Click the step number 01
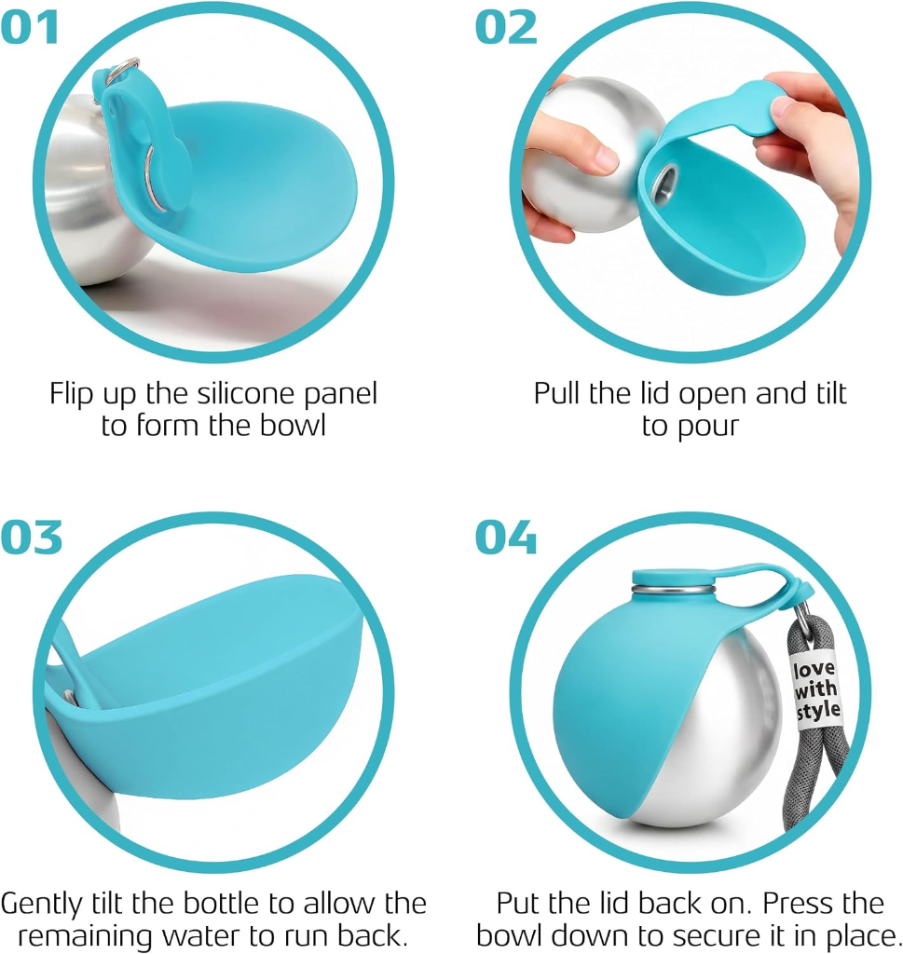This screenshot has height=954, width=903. tap(30, 27)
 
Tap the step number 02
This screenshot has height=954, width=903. tap(506, 27)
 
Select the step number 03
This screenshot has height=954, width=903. tap(31, 538)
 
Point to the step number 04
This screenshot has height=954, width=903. tap(506, 538)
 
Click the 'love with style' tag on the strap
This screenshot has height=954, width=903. tap(816, 690)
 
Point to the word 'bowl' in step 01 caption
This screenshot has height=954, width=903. tap(293, 425)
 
